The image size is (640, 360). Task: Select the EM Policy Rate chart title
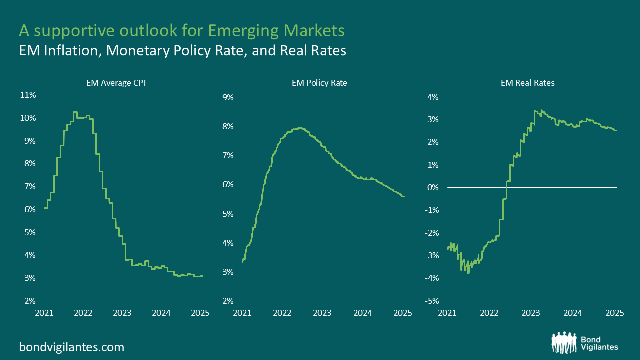click(x=319, y=83)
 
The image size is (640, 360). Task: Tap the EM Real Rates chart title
click(x=527, y=83)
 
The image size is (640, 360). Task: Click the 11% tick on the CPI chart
click(x=28, y=95)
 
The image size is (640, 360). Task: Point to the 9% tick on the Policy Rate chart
click(x=228, y=98)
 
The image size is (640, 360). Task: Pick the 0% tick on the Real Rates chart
click(x=433, y=187)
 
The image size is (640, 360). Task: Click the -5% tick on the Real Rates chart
click(x=431, y=301)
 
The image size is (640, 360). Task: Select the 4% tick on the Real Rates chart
click(x=433, y=97)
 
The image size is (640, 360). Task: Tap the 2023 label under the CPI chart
click(x=123, y=313)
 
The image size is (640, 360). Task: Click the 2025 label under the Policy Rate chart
click(x=403, y=313)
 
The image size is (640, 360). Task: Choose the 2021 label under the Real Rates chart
click(x=447, y=313)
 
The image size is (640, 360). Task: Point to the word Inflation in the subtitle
click(x=68, y=50)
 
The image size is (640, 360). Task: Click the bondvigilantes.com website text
click(x=72, y=347)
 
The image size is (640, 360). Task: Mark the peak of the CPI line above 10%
click(x=75, y=112)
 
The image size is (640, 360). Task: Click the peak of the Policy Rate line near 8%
click(x=299, y=128)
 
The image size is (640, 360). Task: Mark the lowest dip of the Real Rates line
click(x=468, y=273)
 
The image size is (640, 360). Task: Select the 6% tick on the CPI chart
click(x=29, y=209)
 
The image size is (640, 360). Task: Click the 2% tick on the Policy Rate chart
click(x=228, y=301)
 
